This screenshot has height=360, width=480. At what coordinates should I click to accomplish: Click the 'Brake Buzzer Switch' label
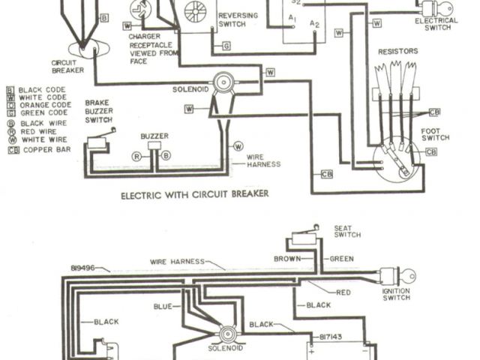[x=99, y=110]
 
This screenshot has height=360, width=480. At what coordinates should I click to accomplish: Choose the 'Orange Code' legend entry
[x=45, y=105]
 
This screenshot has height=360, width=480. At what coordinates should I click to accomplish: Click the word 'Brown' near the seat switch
[x=289, y=259]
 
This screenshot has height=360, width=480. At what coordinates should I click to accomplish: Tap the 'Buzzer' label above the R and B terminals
[x=154, y=136]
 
